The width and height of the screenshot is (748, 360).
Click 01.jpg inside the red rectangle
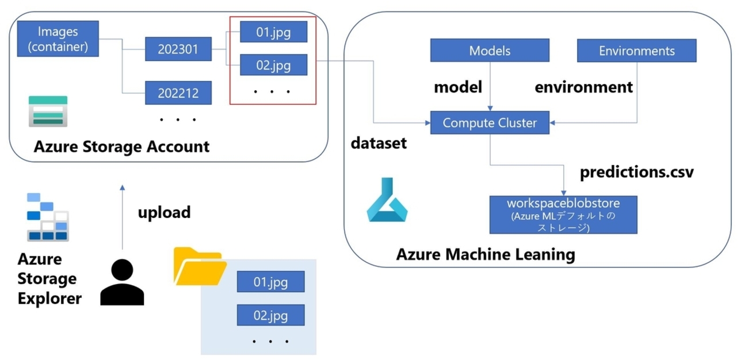pyautogui.click(x=273, y=32)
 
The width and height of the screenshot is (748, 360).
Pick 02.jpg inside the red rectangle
pyautogui.click(x=273, y=65)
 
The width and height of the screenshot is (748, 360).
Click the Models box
pyautogui.click(x=490, y=51)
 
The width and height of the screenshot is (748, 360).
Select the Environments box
pyautogui.click(x=636, y=51)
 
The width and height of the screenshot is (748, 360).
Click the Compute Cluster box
pyautogui.click(x=490, y=122)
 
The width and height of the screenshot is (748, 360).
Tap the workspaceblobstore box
pyautogui.click(x=563, y=214)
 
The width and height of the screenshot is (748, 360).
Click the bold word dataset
pyautogui.click(x=379, y=143)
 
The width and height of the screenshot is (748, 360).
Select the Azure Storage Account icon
pyautogui.click(x=48, y=110)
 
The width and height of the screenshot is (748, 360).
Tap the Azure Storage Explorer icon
pyautogui.click(x=48, y=218)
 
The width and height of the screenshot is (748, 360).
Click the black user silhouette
pyautogui.click(x=122, y=282)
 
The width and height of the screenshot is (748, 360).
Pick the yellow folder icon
pyautogui.click(x=199, y=267)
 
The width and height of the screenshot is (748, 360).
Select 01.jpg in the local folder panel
pyautogui.click(x=270, y=282)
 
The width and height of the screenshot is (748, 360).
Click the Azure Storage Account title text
pyautogui.click(x=121, y=147)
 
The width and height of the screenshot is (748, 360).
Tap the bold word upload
pyautogui.click(x=164, y=212)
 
